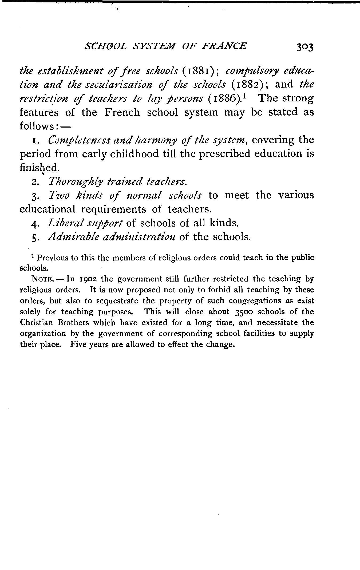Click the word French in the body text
click(122, 112)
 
